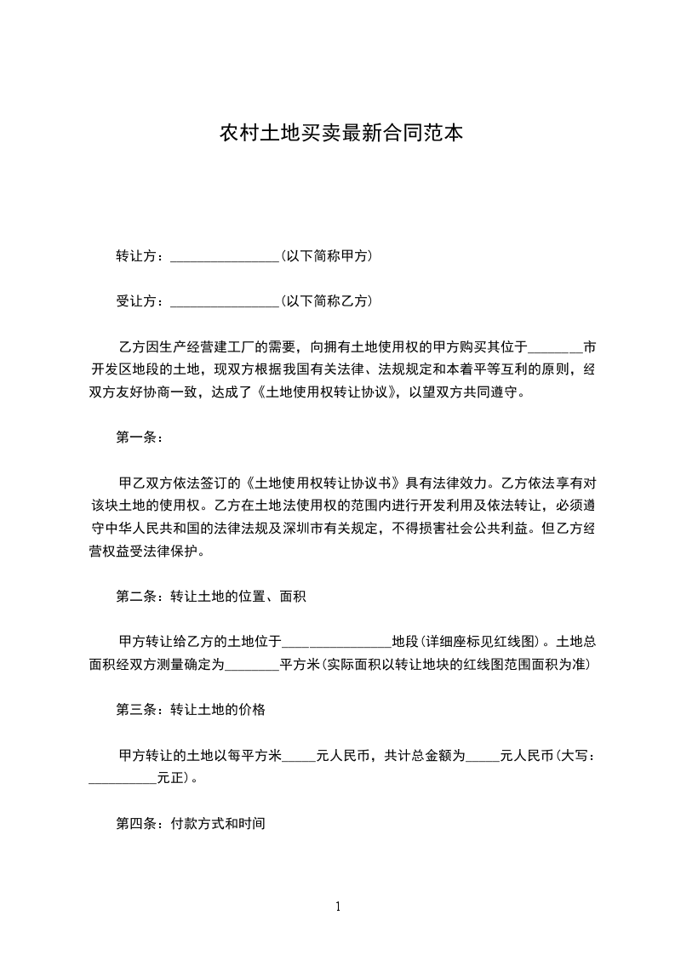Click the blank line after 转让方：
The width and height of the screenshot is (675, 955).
point(225,256)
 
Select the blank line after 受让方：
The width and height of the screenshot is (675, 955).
point(225,301)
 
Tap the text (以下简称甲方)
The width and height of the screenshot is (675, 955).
point(326,256)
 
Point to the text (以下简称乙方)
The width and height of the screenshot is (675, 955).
point(326,301)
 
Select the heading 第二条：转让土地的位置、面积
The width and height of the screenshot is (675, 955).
point(210,597)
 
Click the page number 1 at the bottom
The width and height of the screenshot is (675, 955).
point(338,906)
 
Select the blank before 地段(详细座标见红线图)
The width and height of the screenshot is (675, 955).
point(336,642)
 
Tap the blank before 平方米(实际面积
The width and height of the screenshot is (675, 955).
point(251,665)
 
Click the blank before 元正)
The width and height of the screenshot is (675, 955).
point(123,778)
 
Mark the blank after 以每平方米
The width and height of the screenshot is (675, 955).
point(298,755)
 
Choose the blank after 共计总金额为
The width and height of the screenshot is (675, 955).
point(483,755)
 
